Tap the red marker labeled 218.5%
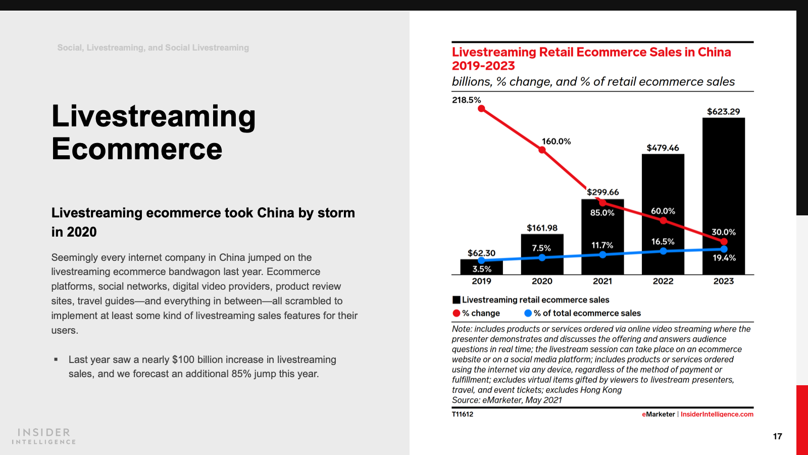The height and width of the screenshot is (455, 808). [x=481, y=109]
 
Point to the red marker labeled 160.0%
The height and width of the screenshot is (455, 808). [x=542, y=150]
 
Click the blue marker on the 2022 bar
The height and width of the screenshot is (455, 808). [x=663, y=251]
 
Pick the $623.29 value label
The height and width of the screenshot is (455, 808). [x=723, y=112]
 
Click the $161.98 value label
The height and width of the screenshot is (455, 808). [x=542, y=228]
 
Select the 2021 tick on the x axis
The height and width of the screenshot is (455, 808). [x=602, y=281]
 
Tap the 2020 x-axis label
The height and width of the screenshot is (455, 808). [x=542, y=281]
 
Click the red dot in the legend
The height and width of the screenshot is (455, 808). [x=457, y=313]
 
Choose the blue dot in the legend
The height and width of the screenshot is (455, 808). [x=528, y=313]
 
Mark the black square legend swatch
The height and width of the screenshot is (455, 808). [x=457, y=300]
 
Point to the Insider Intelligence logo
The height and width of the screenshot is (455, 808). [x=44, y=436]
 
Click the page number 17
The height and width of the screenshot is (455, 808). [x=777, y=436]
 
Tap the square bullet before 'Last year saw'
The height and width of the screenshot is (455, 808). [x=56, y=360]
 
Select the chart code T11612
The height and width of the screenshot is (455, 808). [x=463, y=414]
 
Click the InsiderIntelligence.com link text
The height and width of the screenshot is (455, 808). [x=717, y=414]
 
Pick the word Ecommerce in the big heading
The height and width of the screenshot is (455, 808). [x=137, y=149]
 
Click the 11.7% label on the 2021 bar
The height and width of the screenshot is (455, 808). [x=602, y=245]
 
